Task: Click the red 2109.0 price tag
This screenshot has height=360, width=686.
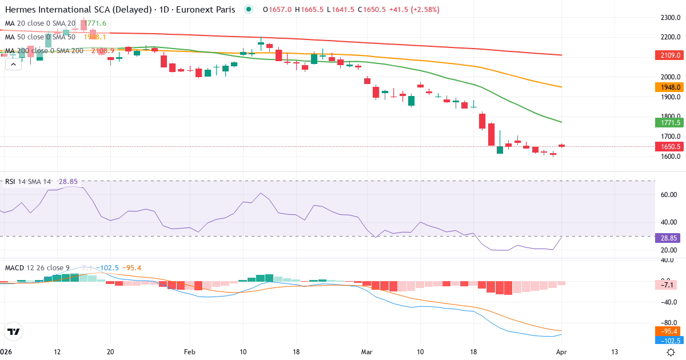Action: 667,55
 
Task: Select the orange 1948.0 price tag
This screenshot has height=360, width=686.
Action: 667,87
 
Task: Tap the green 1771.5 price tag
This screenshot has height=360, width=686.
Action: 667,122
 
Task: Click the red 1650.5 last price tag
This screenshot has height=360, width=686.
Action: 667,146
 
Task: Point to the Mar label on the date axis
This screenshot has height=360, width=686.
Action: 366,352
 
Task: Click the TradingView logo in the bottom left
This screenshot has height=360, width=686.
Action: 13,331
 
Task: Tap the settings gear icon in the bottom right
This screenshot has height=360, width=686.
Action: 671,353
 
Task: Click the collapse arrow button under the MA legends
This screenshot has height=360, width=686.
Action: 13,65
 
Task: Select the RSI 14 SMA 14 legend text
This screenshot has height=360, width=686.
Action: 28,182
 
